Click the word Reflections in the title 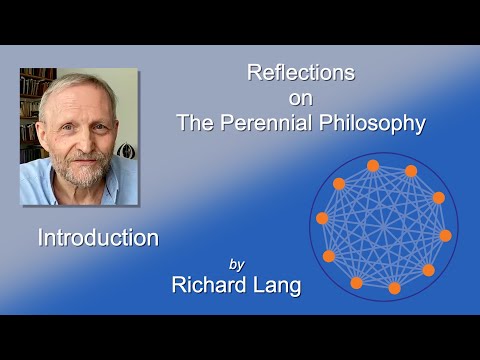point(300,73)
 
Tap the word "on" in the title point(300,98)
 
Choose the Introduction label point(98,238)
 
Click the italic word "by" point(237,265)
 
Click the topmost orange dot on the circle point(373,165)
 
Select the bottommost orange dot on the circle point(394,288)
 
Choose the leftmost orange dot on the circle point(322,218)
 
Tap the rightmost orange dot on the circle point(445,236)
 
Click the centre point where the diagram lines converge point(383,227)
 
